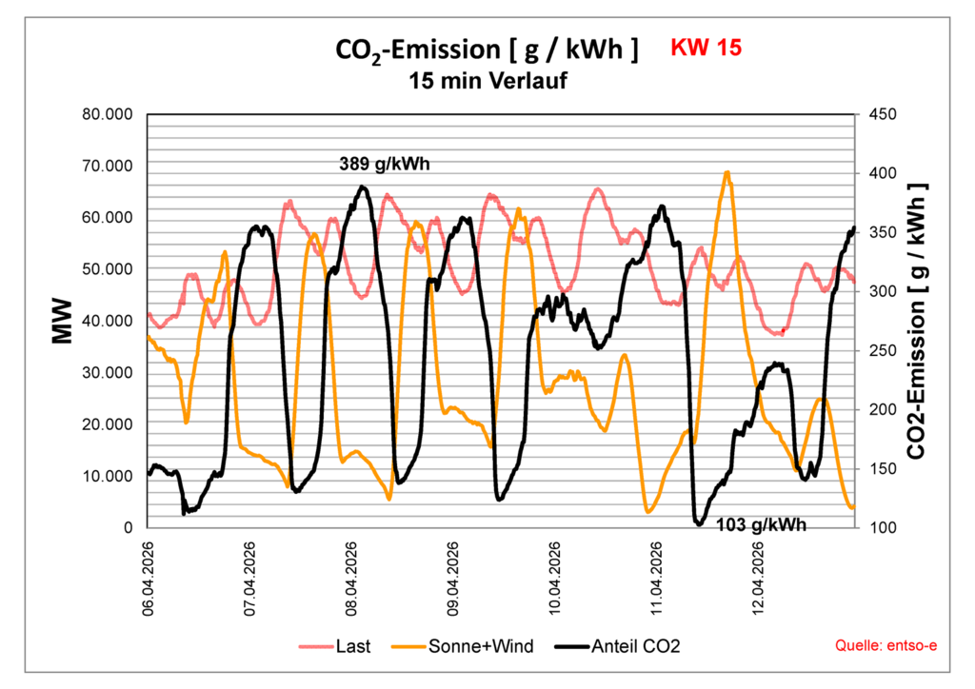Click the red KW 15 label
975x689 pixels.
[706, 48]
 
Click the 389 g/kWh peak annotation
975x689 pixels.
[385, 164]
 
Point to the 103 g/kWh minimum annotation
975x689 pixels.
[761, 524]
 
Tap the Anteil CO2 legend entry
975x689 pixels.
[635, 646]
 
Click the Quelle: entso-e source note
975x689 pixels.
[885, 646]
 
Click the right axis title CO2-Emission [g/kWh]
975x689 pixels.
[916, 321]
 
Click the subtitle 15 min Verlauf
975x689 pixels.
[487, 81]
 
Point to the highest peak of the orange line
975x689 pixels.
[727, 172]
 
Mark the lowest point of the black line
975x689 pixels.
[699, 523]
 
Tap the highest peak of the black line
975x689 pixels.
[363, 187]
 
